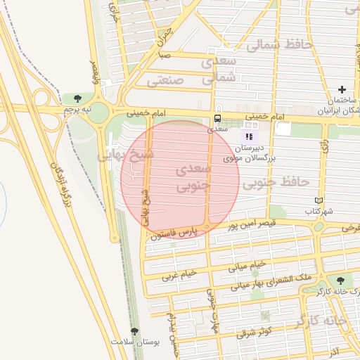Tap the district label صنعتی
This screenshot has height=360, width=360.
click(x=165, y=81)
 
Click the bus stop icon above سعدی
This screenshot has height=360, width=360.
click(x=217, y=118)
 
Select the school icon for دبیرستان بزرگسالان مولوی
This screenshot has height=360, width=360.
click(x=249, y=136)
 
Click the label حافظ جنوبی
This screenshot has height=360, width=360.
click(x=276, y=183)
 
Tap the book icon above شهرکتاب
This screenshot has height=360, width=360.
click(x=319, y=201)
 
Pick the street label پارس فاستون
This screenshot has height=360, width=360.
click(x=172, y=234)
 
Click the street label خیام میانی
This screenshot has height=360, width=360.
click(x=247, y=266)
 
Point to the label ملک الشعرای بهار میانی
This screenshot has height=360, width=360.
click(x=269, y=283)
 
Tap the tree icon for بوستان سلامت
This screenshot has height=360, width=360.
click(x=134, y=330)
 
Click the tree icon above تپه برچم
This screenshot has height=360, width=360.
click(x=77, y=98)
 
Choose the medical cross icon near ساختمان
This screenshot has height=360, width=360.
click(x=342, y=89)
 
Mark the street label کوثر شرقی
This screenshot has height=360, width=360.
click(x=255, y=331)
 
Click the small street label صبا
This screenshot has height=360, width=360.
click(x=165, y=55)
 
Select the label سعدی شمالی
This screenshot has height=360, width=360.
click(x=219, y=70)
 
